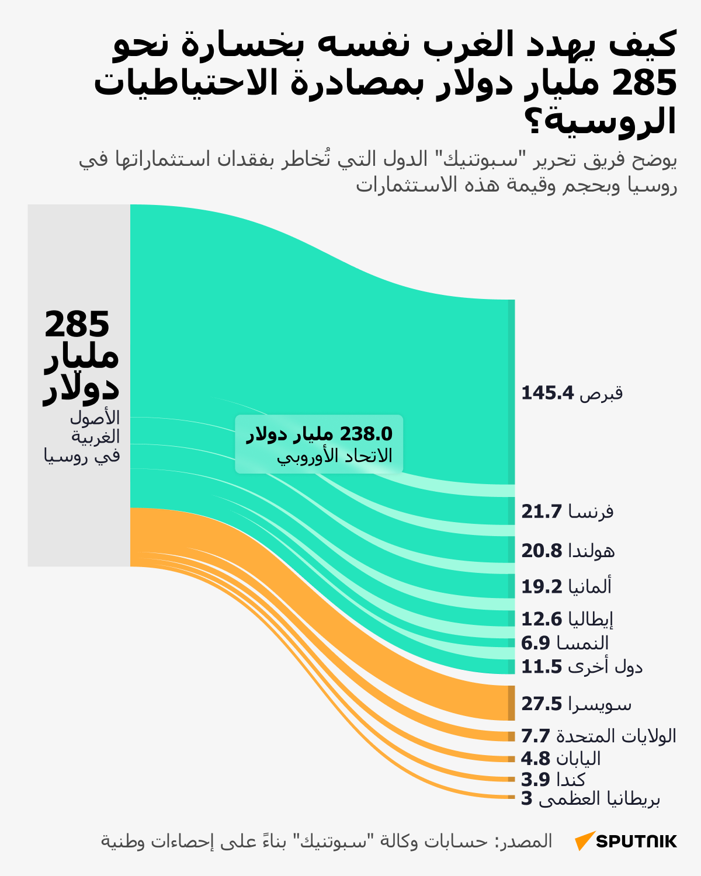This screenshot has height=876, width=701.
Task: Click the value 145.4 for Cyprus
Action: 547,393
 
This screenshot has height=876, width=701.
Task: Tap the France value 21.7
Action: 542,512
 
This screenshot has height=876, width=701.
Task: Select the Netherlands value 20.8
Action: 542,551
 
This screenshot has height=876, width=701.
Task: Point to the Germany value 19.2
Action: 542,586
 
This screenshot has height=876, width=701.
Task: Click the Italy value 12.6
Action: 542,619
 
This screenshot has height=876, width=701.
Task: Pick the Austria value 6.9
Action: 536,643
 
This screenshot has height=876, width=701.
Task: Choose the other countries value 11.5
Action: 542,666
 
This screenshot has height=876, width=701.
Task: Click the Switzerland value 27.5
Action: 542,704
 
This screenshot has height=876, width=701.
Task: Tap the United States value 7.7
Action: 536,736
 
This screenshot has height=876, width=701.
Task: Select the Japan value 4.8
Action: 536,759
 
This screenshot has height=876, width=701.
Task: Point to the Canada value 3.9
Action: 536,780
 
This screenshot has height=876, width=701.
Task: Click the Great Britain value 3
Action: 527,799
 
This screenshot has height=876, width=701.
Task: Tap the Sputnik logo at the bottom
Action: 626,841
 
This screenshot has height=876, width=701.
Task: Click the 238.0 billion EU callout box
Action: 319,444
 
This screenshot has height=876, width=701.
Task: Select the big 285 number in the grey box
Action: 77,324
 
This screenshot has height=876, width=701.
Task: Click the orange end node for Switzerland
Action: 511,703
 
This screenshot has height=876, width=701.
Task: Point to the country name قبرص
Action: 601,393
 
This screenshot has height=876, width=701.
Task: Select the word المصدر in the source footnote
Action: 523,841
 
